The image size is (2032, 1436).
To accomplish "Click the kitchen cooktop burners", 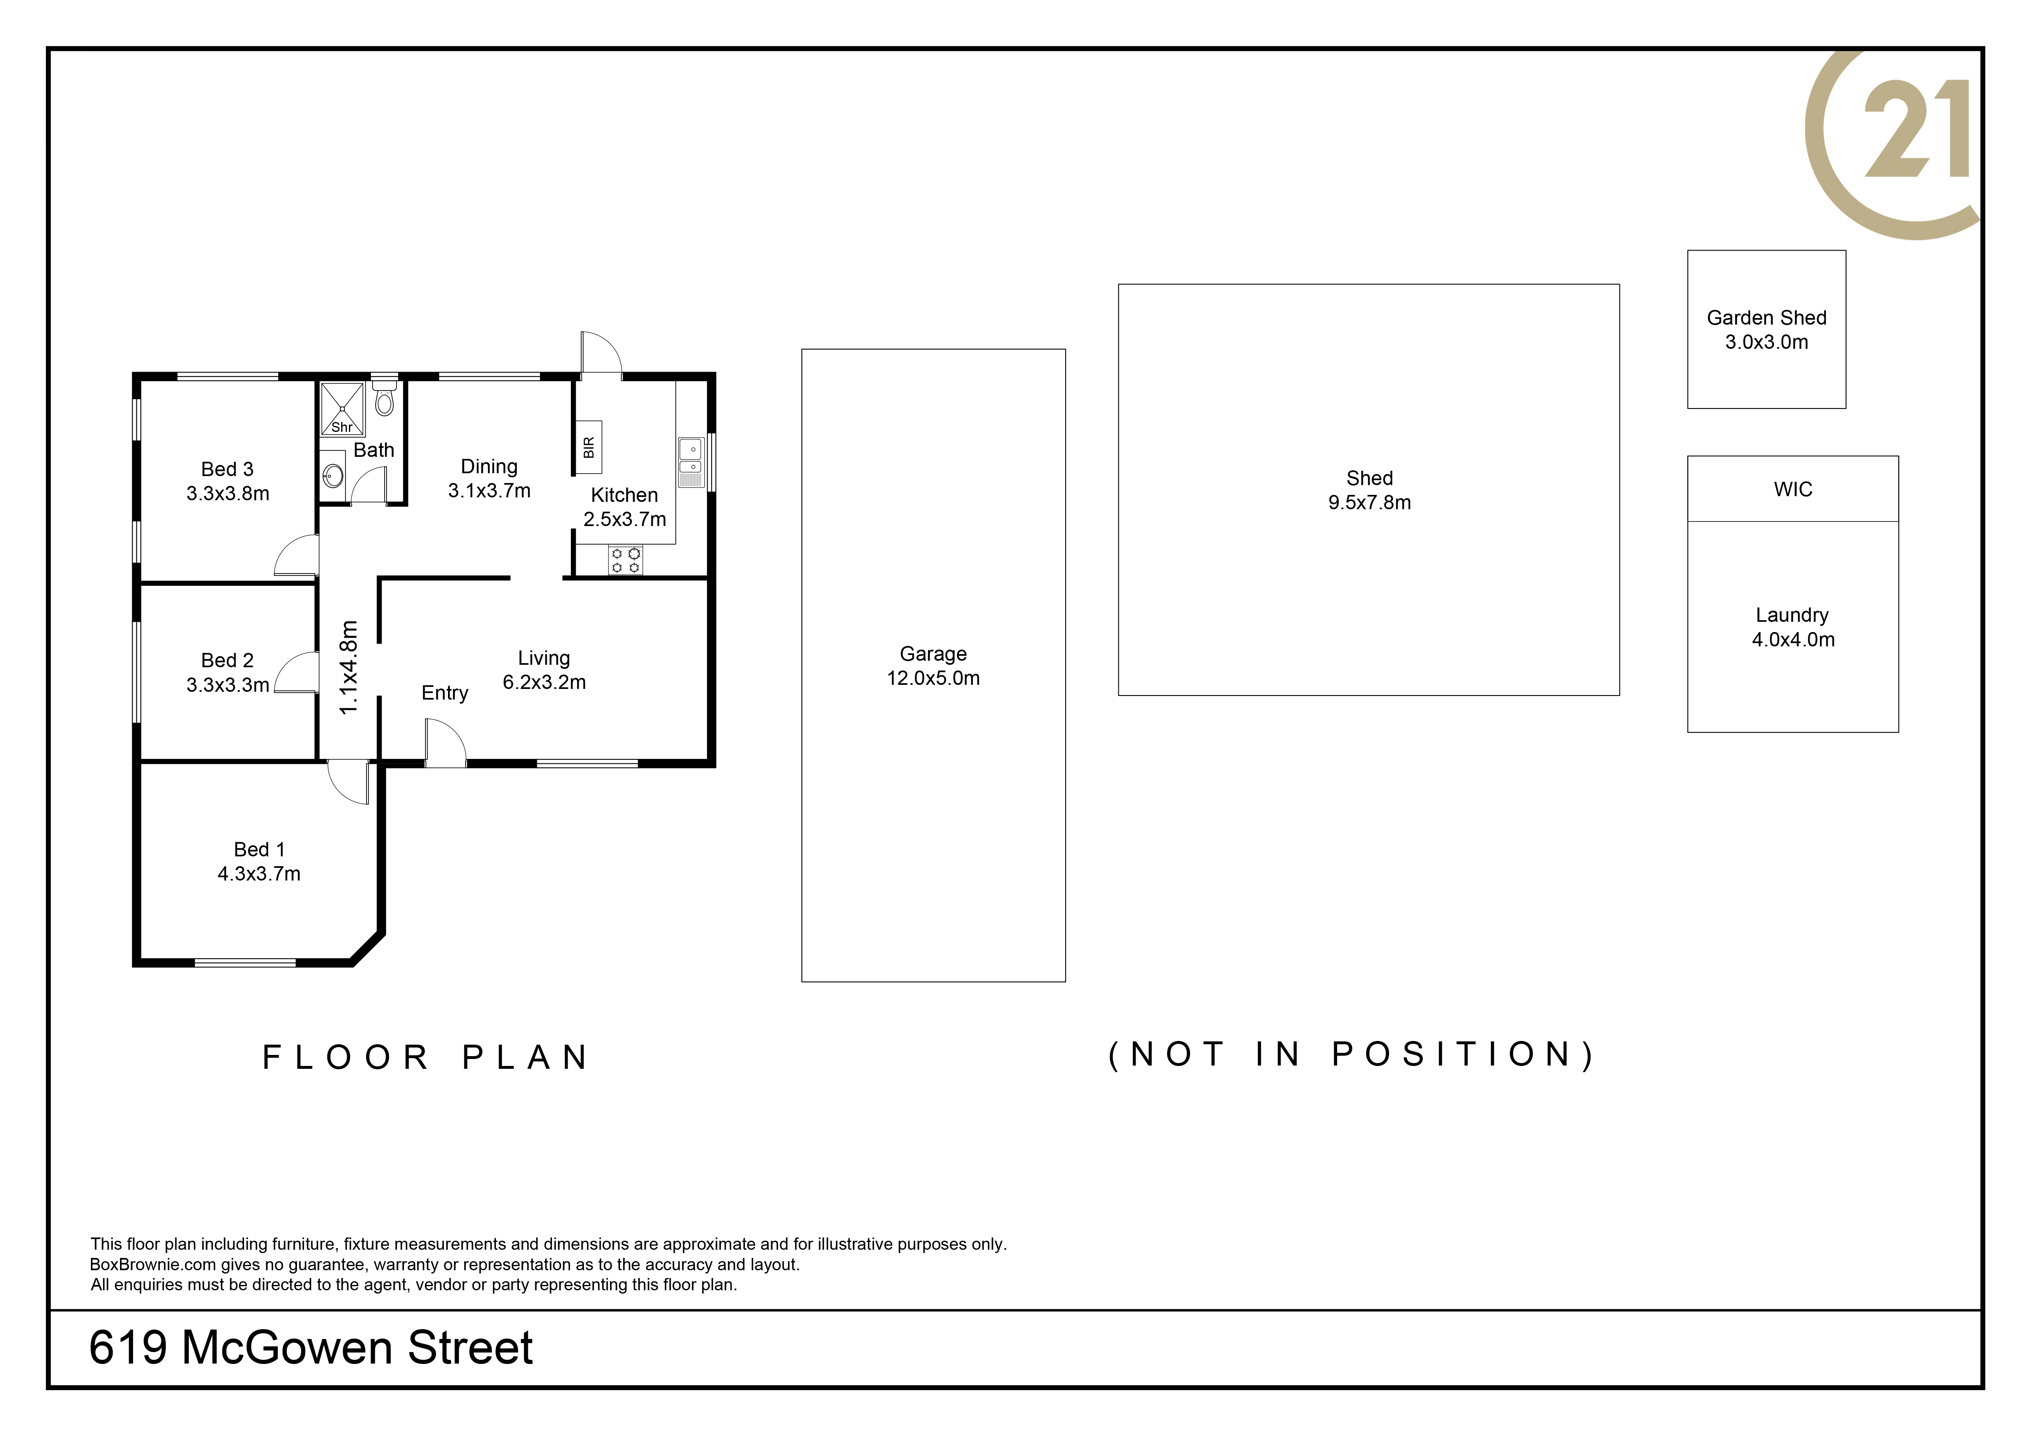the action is coord(626,560).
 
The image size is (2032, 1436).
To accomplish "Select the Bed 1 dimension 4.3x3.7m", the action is coord(259,874).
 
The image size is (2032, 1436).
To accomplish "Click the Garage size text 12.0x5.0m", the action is coord(934,679).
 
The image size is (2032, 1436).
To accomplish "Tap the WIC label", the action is coord(1793,489).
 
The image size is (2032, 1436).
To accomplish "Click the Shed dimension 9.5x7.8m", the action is coord(1370,503).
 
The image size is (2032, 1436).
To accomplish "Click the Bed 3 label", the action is coord(227,469).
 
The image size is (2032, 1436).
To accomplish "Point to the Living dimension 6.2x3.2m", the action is coord(544,682).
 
